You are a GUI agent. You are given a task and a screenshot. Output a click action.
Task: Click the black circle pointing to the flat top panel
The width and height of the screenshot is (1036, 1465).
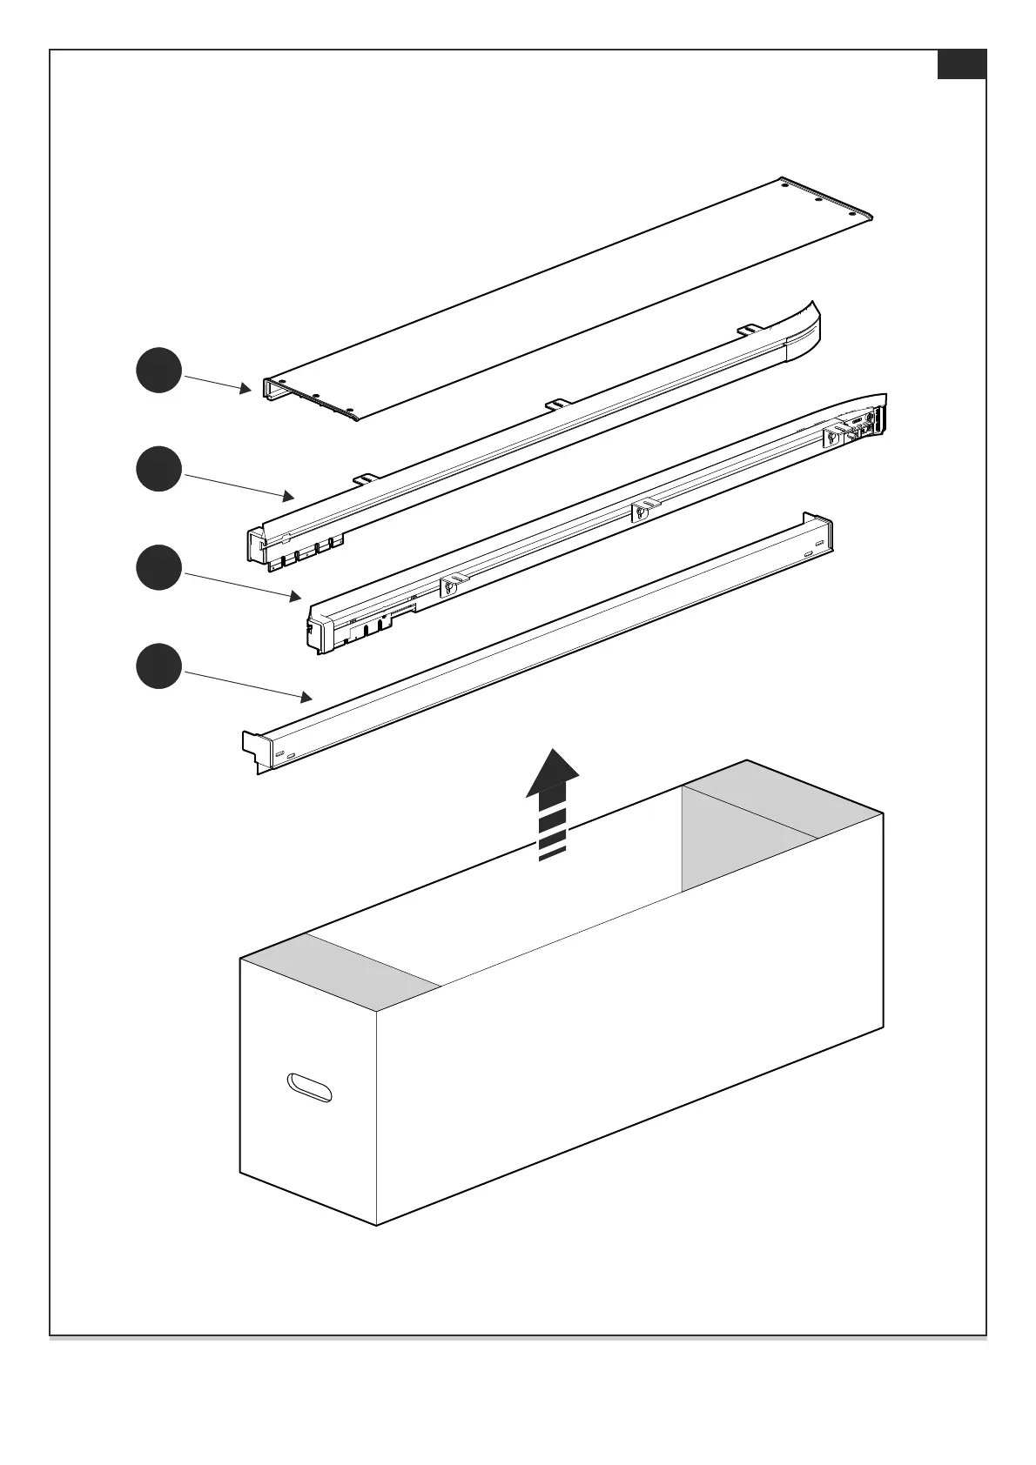pyautogui.click(x=158, y=371)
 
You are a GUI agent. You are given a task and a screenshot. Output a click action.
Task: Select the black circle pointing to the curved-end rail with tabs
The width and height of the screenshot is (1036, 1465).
pyautogui.click(x=158, y=469)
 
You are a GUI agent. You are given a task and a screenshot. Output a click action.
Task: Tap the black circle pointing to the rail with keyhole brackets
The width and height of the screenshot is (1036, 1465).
pyautogui.click(x=158, y=567)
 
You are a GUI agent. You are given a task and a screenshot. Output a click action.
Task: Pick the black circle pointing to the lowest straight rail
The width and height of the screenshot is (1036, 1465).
pyautogui.click(x=158, y=666)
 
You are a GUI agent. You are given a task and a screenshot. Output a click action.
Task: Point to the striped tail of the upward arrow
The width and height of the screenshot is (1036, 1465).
pyautogui.click(x=552, y=831)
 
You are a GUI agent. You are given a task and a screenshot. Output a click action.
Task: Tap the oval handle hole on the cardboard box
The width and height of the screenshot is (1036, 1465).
pyautogui.click(x=309, y=1087)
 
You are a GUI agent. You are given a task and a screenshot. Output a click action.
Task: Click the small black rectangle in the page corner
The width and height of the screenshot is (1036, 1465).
pyautogui.click(x=961, y=64)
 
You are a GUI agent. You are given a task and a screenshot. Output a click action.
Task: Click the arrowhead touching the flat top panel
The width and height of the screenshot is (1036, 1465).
pyautogui.click(x=246, y=388)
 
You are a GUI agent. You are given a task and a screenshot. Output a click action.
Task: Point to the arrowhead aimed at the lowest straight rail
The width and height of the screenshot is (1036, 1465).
pyautogui.click(x=306, y=696)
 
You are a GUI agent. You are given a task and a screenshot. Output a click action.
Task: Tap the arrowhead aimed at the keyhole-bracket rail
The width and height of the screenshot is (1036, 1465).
pyautogui.click(x=296, y=597)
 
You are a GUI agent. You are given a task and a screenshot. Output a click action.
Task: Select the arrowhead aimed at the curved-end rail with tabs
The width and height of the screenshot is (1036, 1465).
pyautogui.click(x=288, y=496)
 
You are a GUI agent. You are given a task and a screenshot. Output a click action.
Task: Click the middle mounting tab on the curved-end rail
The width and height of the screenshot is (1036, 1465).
pyautogui.click(x=558, y=404)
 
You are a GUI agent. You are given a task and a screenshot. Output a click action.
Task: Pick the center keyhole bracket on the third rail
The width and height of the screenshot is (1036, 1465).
pyautogui.click(x=641, y=511)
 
